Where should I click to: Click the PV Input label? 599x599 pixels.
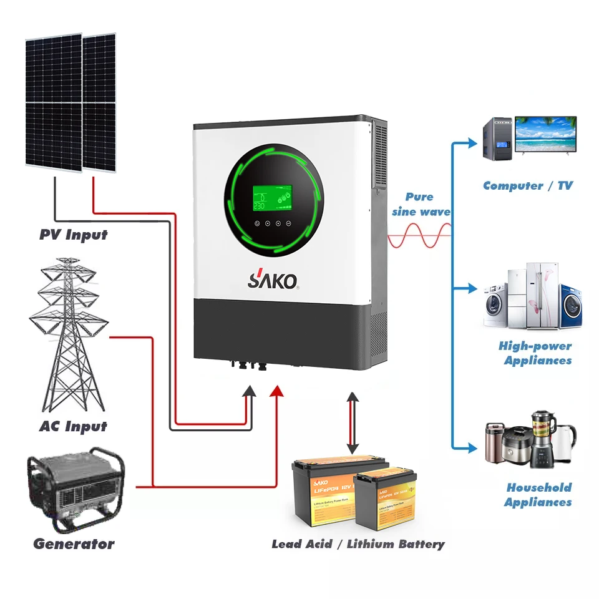[x=73, y=235]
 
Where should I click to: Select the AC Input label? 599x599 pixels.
[x=73, y=427]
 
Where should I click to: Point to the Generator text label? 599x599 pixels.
[x=74, y=543]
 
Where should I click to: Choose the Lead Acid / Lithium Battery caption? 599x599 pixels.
[x=358, y=544]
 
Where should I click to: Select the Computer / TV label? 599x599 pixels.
[x=527, y=185]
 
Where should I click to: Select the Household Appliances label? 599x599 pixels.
[x=538, y=495]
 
